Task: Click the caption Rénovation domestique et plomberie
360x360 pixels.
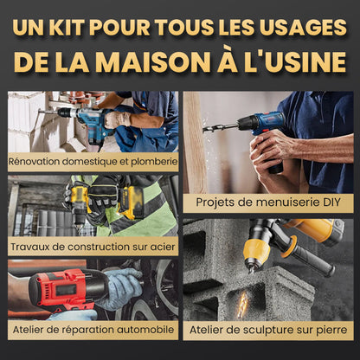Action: pyautogui.click(x=93, y=160)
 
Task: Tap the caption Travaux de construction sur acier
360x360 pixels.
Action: pyautogui.click(x=93, y=245)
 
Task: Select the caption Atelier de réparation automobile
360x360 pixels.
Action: pyautogui.click(x=93, y=330)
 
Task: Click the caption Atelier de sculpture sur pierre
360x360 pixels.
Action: pyautogui.click(x=268, y=330)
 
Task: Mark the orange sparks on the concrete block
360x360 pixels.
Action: pyautogui.click(x=242, y=302)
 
